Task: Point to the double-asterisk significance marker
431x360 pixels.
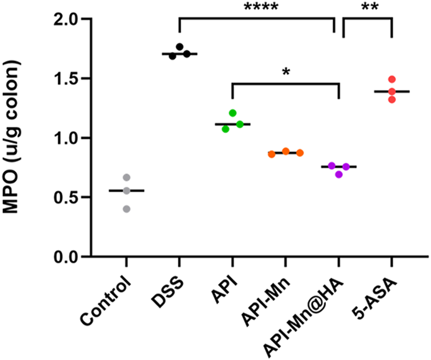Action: coord(367,7)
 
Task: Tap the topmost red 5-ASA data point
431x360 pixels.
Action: coord(392,79)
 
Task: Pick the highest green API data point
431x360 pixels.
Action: coord(233,113)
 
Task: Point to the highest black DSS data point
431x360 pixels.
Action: coord(180,47)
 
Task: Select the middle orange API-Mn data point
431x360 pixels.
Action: coord(286,152)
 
